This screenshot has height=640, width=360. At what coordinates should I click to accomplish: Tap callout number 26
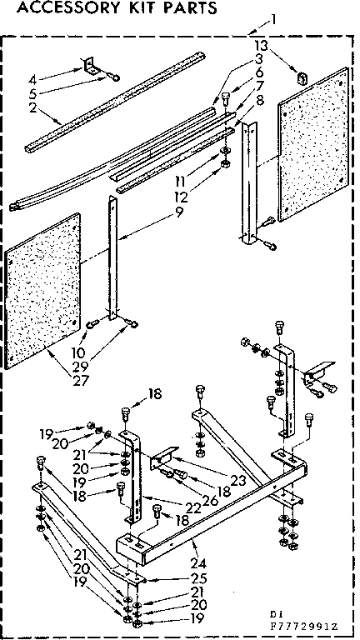pos(197,500)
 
